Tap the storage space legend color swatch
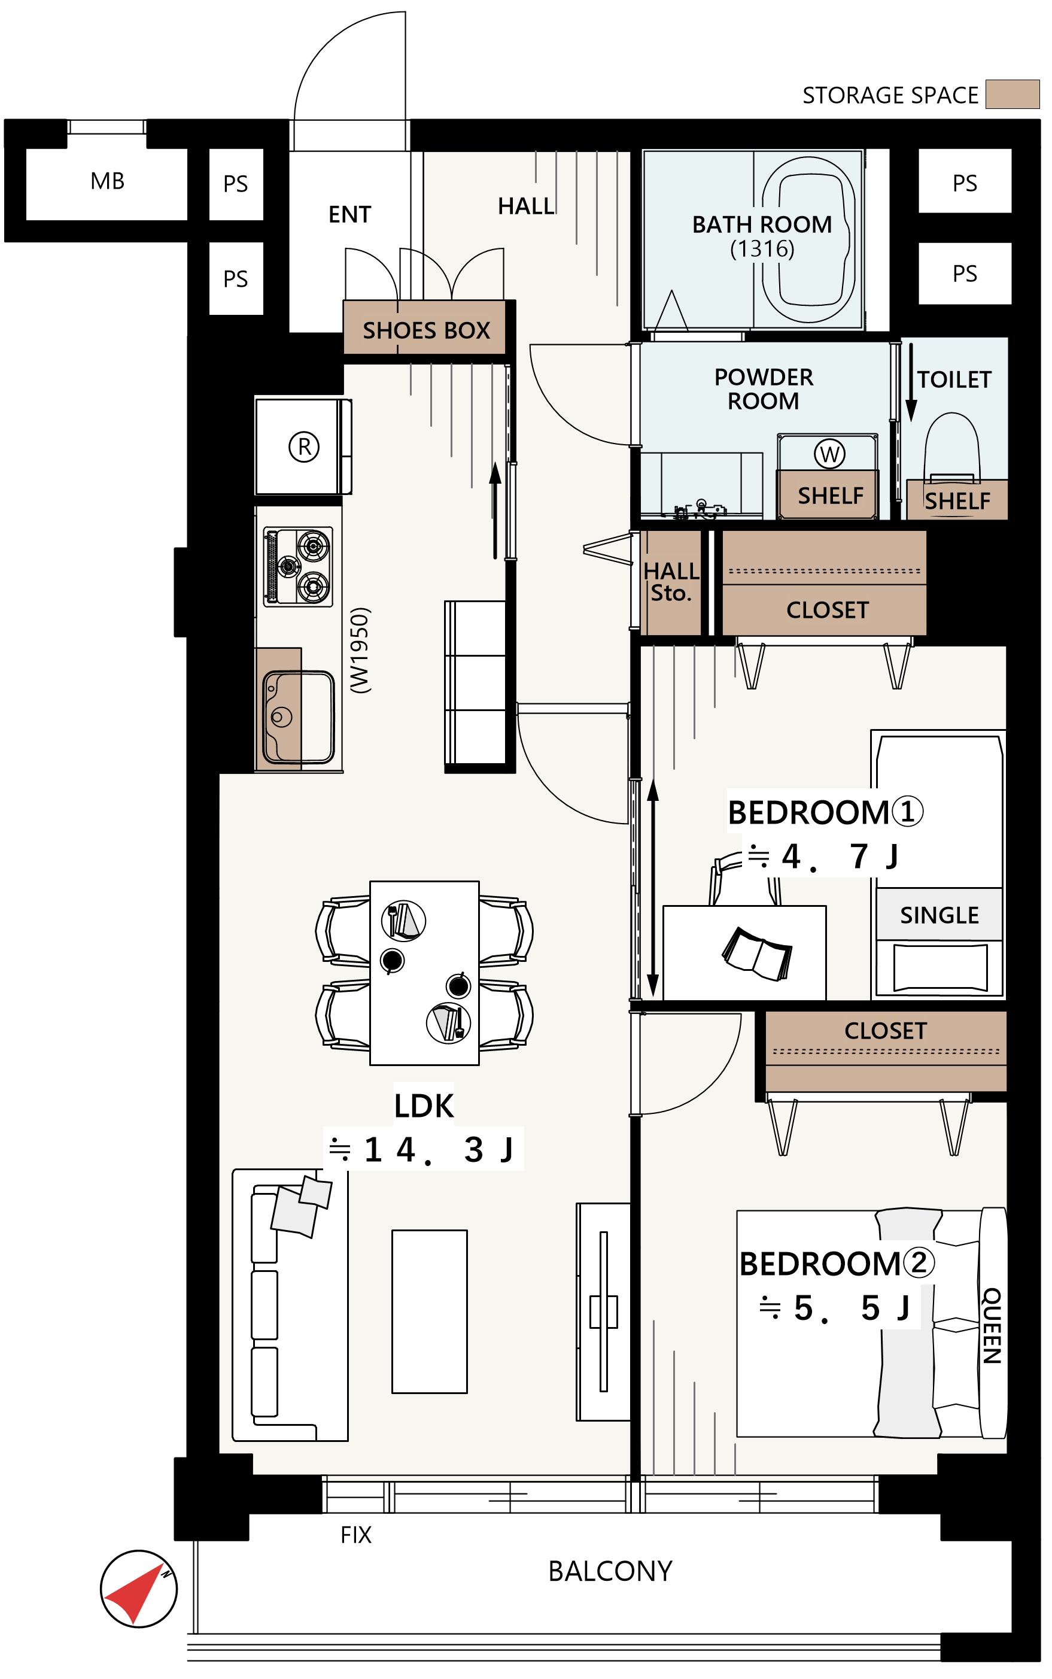click(x=1013, y=94)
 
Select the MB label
click(x=107, y=181)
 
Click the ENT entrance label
click(x=350, y=214)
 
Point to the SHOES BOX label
click(x=427, y=330)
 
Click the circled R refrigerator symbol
click(x=304, y=446)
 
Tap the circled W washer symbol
click(x=829, y=454)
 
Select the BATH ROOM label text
click(x=762, y=224)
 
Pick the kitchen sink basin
click(x=299, y=716)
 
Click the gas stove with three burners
click(x=298, y=566)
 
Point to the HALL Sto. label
click(x=671, y=582)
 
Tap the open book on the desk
click(x=757, y=954)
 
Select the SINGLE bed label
click(x=939, y=915)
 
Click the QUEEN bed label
click(x=992, y=1325)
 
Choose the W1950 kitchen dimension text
click(x=360, y=650)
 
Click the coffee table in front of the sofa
click(x=429, y=1311)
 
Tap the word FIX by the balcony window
click(x=355, y=1534)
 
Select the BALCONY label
click(x=610, y=1571)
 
